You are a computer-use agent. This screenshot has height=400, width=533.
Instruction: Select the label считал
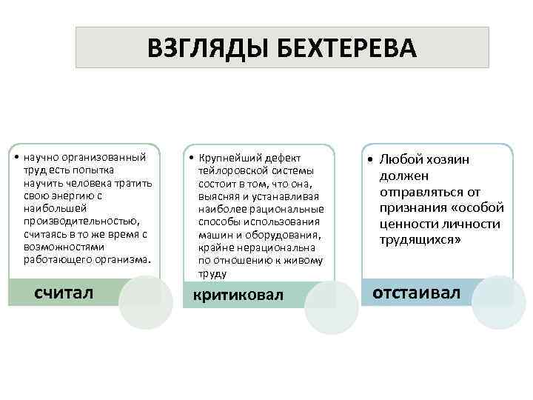(64, 292)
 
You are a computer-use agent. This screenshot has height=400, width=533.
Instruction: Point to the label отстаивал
(416, 292)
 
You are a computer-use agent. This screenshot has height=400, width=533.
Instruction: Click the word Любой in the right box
(400, 159)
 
